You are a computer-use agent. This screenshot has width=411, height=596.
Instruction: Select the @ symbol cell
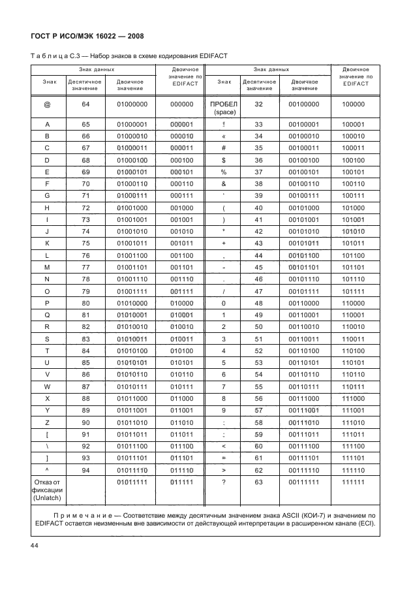point(47,104)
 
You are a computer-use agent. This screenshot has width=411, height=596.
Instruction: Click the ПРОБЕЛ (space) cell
point(224,108)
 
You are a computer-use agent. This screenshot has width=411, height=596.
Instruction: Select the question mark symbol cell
point(224,481)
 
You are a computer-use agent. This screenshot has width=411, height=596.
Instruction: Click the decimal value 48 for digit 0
point(258,304)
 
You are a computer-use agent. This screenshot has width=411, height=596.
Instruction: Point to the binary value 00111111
point(304,481)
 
